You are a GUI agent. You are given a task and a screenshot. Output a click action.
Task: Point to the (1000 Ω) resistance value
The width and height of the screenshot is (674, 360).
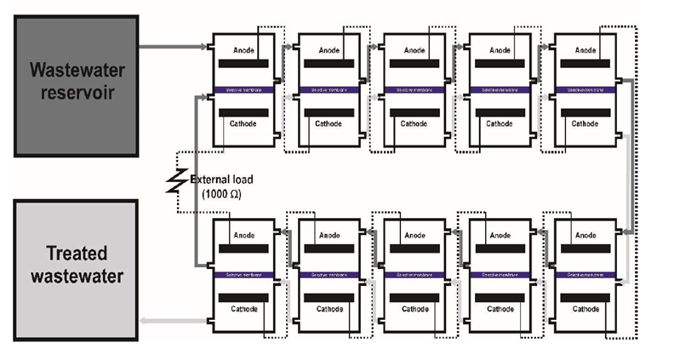coord(223,194)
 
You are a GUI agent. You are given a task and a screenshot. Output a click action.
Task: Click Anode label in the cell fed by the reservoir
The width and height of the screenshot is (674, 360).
coord(245,50)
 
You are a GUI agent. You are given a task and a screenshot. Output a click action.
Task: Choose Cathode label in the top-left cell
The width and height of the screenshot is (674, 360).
coord(246,124)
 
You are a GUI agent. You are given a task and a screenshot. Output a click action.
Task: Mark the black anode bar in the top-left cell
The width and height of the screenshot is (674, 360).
coord(245,65)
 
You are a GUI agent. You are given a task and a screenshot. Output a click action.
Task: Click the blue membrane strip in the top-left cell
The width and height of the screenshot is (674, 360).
coord(244,89)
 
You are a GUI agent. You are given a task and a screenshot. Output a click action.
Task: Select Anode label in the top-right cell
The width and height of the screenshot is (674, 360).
coord(585,50)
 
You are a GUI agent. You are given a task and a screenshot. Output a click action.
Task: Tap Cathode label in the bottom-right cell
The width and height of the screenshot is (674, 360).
coord(585,309)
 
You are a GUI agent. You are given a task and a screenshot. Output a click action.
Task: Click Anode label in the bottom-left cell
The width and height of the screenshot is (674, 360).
coord(245,236)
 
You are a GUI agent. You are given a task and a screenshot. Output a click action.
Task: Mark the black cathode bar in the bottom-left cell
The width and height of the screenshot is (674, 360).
coord(245,297)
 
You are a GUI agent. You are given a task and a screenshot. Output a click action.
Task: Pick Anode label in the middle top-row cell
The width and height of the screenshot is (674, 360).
coord(415,50)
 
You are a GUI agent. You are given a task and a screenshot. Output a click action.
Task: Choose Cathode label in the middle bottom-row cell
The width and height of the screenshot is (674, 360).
coord(415,309)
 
